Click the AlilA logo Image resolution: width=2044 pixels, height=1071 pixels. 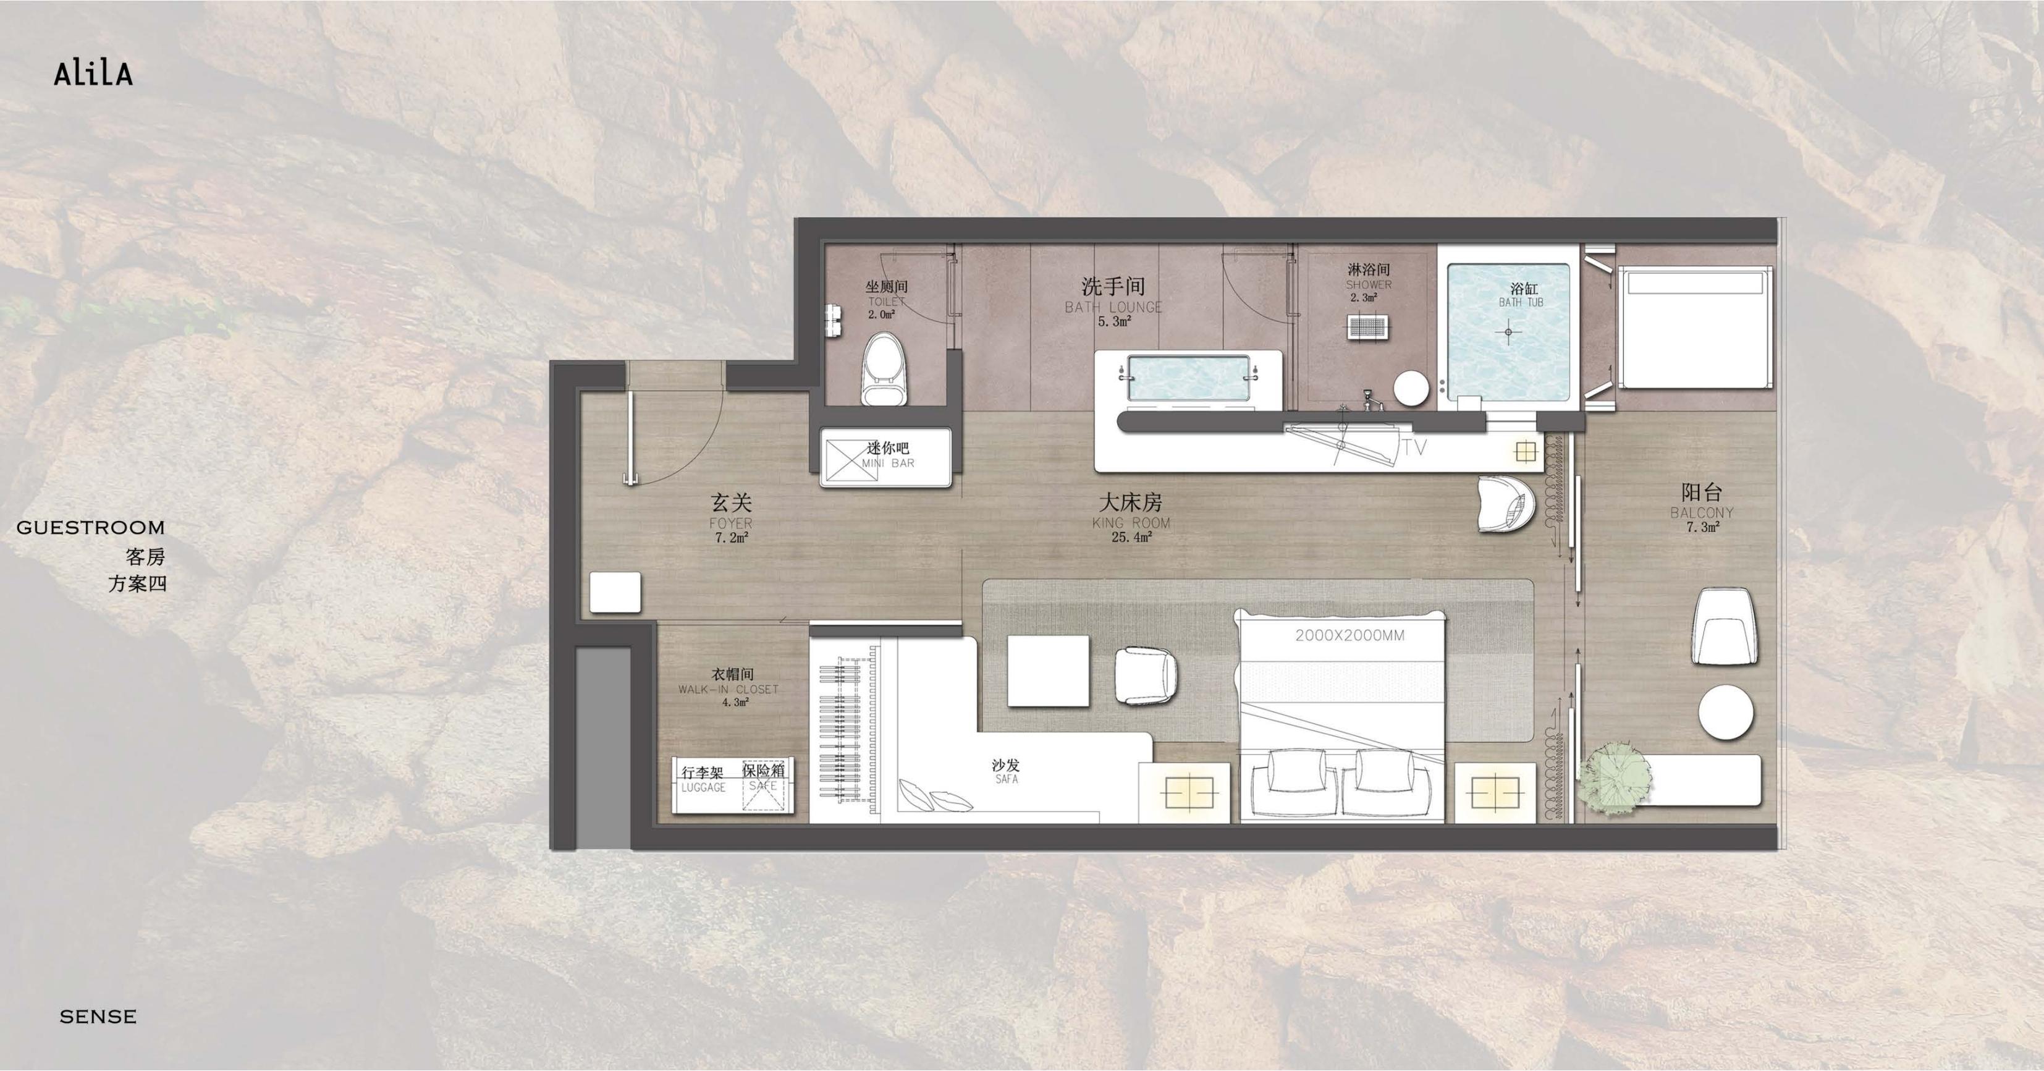coord(93,74)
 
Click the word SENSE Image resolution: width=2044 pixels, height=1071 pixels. coord(98,1016)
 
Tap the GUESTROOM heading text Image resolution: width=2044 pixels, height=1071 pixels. coord(90,528)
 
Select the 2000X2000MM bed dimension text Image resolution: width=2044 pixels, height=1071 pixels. coord(1349,635)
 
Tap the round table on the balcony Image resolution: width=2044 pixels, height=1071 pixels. coord(1726,713)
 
